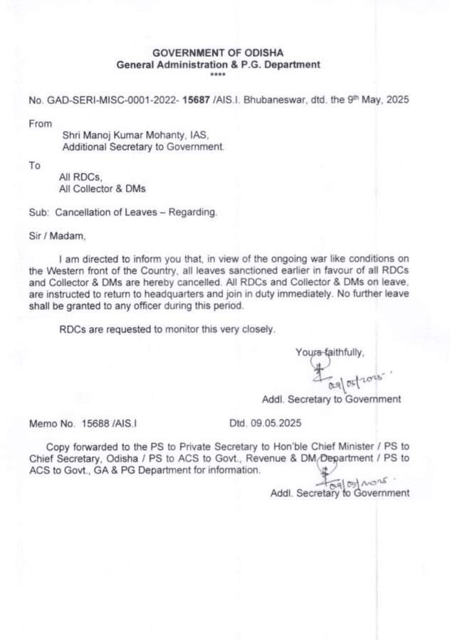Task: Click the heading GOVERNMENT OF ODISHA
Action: coord(219,53)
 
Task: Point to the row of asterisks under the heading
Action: coord(218,74)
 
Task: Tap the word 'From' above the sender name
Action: coord(40,124)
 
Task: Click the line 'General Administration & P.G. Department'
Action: coord(219,64)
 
